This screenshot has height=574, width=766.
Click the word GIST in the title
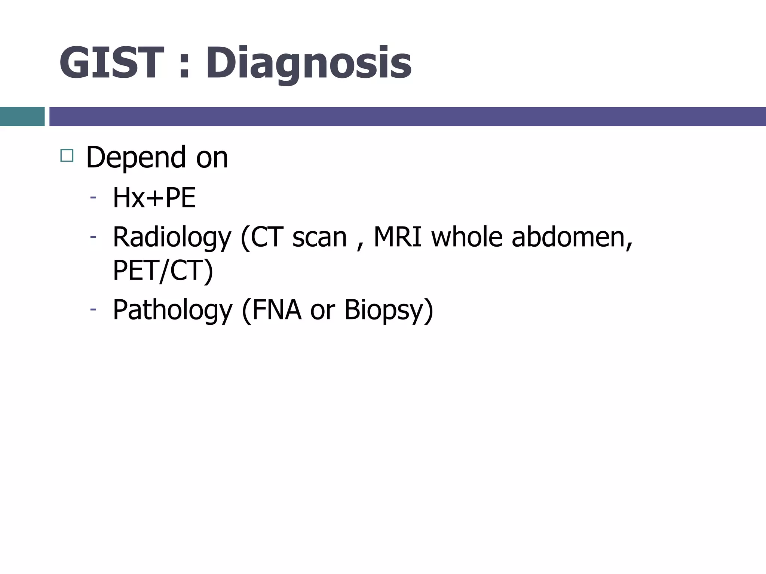click(111, 63)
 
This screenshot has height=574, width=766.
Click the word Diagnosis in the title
click(309, 63)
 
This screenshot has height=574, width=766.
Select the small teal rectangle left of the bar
click(22, 117)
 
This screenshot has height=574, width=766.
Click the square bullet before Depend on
click(67, 155)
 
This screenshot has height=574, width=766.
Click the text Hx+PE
click(154, 198)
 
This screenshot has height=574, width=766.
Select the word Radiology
click(172, 237)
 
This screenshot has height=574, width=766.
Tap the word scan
click(319, 237)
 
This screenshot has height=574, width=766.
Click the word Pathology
click(172, 310)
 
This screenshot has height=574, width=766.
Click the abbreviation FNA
click(277, 309)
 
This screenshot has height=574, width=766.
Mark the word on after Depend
click(212, 158)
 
